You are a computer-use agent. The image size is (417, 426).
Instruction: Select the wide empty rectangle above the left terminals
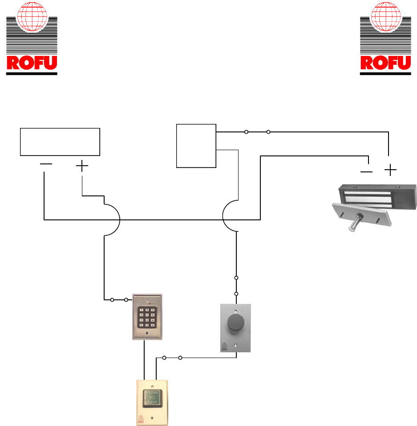tap(60, 142)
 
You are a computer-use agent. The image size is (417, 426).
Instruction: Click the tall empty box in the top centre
tap(196, 146)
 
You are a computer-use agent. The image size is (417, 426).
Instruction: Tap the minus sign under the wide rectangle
tap(46, 164)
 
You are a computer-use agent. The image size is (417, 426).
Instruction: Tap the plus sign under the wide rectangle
tap(82, 166)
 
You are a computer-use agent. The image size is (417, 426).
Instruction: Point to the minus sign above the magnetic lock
tap(366, 171)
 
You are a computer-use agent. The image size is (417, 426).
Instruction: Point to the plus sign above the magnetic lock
tap(390, 170)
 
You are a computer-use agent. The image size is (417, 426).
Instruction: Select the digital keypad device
tap(147, 316)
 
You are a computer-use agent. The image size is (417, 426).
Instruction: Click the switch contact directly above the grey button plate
tap(236, 286)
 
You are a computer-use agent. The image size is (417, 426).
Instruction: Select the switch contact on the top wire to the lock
tap(257, 132)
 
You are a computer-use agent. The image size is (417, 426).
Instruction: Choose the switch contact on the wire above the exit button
tap(172, 357)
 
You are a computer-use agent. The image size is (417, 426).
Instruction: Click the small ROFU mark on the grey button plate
tap(225, 346)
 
